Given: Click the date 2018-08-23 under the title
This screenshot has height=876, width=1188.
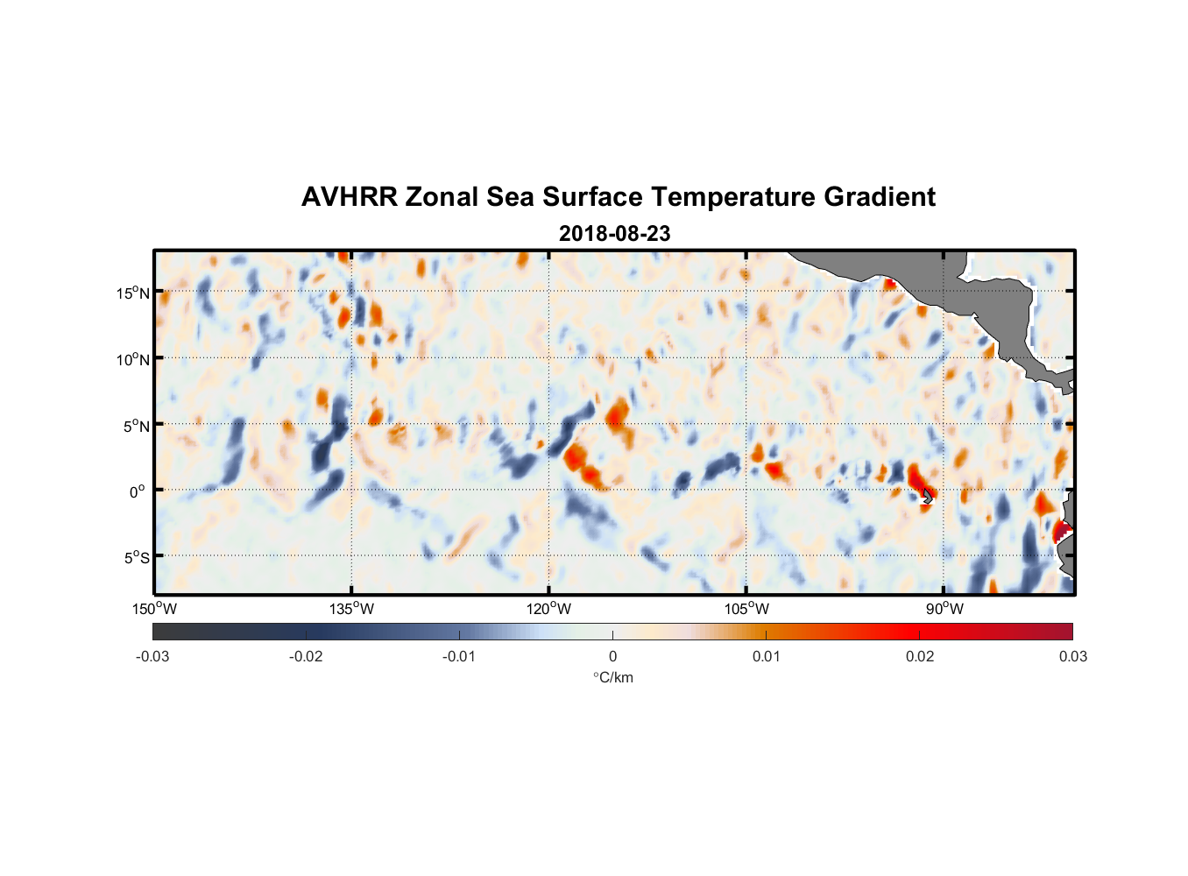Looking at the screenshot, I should pos(614,234).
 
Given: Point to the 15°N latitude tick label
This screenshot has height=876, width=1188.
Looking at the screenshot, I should pos(133,293).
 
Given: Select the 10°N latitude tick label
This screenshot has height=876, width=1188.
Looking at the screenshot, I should pos(133,359).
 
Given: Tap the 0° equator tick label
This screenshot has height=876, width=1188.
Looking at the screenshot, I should pos(138,491).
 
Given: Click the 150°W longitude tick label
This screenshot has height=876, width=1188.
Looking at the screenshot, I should pos(155,609).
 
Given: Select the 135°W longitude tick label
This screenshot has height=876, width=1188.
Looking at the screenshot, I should pos(352,609).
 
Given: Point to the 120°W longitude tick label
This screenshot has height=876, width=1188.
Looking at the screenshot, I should pos(549,609).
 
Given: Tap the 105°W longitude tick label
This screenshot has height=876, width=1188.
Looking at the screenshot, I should pos(746,609).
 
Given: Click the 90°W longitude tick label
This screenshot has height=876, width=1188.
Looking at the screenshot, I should pos(944,609).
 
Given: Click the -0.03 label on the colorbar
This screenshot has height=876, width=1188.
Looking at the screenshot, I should pos(152,656).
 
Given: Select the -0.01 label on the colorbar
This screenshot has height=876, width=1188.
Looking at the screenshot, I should pos(459,656).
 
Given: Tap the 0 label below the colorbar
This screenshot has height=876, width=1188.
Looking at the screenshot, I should pos(612,656).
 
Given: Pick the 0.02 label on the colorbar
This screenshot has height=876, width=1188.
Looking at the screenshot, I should pos(920,656).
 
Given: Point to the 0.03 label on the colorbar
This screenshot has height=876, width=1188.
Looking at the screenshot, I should pos(1072,656).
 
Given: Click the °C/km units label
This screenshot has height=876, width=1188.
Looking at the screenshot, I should pos(612,677).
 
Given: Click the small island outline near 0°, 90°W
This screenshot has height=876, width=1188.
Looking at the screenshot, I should pos(928,496).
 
